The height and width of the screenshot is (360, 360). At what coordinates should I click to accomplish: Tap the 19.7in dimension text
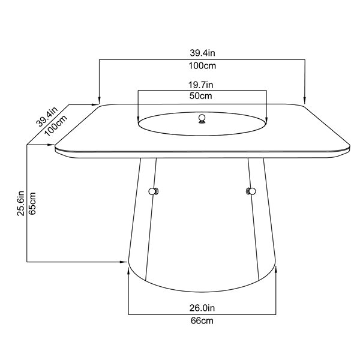(202, 85)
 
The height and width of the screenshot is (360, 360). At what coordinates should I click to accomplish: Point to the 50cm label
(202, 96)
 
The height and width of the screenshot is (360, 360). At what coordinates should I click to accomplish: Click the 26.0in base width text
(202, 308)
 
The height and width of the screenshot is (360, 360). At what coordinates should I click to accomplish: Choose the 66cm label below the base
(202, 321)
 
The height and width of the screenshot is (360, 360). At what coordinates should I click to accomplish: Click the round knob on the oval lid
(202, 118)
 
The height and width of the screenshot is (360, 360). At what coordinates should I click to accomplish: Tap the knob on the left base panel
(154, 191)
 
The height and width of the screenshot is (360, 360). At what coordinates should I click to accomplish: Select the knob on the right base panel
(250, 191)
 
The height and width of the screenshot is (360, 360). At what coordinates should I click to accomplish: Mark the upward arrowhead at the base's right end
(276, 271)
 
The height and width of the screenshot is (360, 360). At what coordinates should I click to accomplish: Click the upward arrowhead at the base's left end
(128, 271)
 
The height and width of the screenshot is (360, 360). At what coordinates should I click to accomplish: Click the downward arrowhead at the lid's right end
(264, 118)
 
